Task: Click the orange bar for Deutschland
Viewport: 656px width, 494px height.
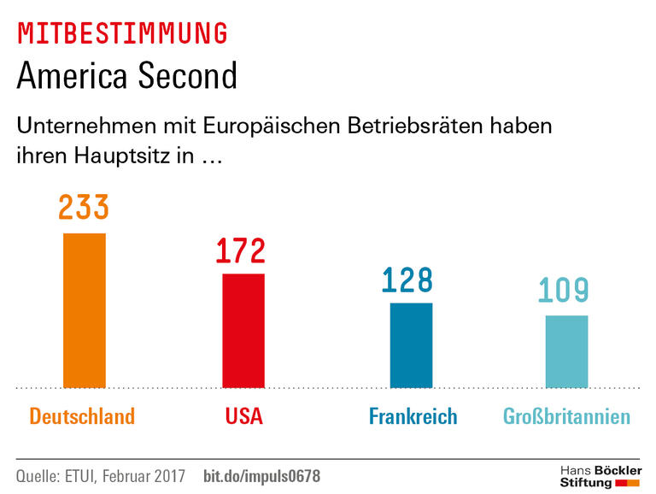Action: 85,310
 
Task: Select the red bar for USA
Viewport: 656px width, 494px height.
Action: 243,331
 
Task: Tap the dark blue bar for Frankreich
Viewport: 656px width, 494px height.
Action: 411,345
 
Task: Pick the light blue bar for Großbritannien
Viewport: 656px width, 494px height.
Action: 566,351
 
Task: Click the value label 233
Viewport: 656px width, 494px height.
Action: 84,209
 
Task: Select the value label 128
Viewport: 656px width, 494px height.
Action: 407,279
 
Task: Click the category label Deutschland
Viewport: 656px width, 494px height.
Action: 82,417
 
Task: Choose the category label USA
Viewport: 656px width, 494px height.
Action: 244,417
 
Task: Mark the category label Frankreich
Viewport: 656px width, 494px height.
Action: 413,417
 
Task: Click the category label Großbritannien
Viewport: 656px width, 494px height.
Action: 566,417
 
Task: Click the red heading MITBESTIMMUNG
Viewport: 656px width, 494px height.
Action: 122,33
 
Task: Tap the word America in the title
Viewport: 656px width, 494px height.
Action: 70,77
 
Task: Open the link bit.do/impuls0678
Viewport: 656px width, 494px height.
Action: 261,476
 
